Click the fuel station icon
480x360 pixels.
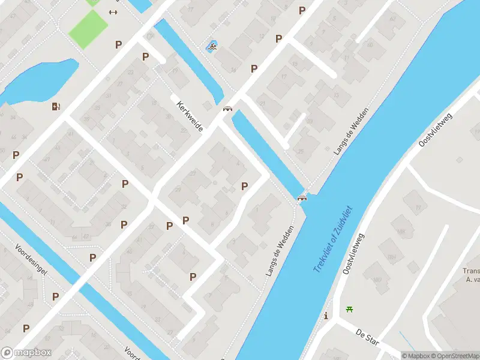pyautogui.click(x=56, y=106)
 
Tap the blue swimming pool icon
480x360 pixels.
pyautogui.click(x=211, y=46)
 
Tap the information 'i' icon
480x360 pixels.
pyautogui.click(x=326, y=316)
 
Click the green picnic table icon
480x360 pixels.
pyautogui.click(x=349, y=310)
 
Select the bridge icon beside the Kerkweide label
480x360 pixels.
pyautogui.click(x=227, y=109)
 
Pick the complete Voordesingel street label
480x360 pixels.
pyautogui.click(x=32, y=259)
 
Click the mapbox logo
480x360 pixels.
pyautogui.click(x=26, y=353)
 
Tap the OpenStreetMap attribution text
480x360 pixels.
pyautogui.click(x=454, y=356)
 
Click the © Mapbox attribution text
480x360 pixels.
pyautogui.click(x=415, y=356)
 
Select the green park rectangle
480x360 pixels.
pyautogui.click(x=88, y=28)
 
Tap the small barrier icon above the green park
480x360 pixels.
pyautogui.click(x=113, y=12)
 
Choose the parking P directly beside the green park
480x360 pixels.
pyautogui.click(x=119, y=44)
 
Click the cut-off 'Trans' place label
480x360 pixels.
pyautogui.click(x=471, y=271)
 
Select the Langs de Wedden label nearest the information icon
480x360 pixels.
pyautogui.click(x=280, y=251)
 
